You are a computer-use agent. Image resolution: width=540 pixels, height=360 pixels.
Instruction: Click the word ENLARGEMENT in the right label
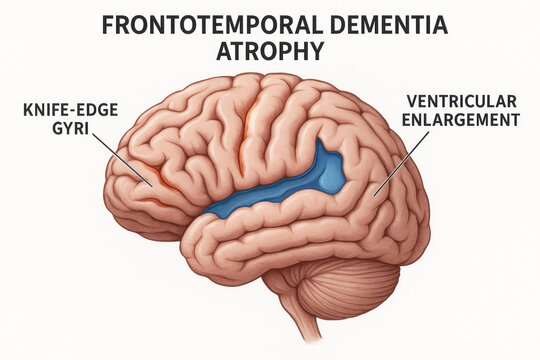click(463, 120)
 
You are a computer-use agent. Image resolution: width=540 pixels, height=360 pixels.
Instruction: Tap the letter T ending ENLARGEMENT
click(517, 120)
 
